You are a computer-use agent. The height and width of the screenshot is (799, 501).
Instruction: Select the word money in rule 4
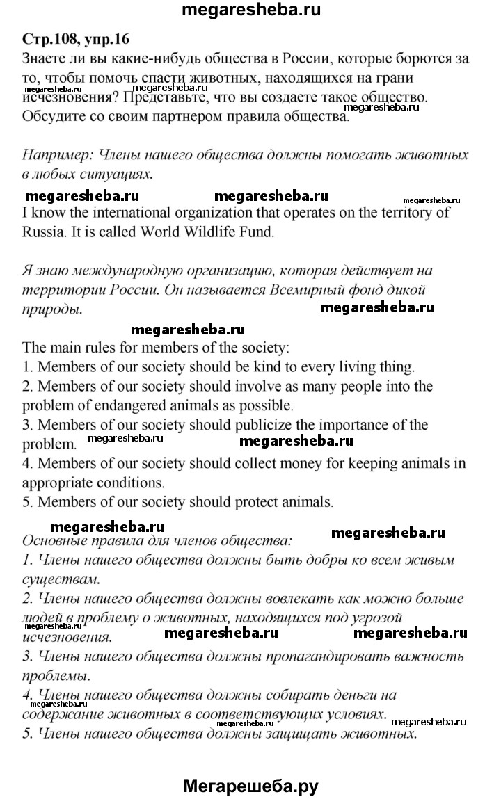301,463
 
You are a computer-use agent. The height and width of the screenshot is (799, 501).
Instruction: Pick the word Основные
56,540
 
